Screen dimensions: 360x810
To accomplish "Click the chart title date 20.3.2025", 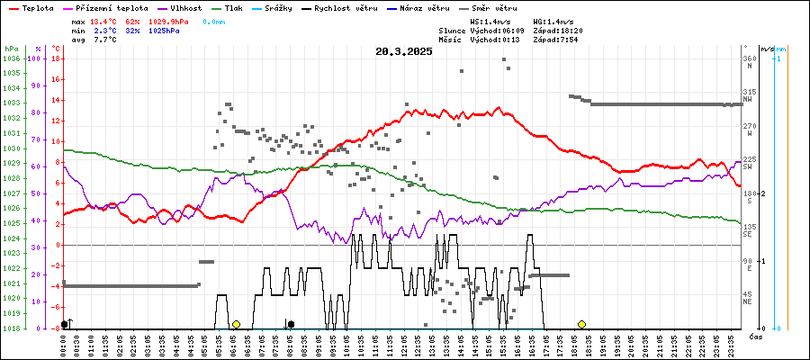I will coord(404,51).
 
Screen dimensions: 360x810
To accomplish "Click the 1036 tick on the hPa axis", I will coord(12,58).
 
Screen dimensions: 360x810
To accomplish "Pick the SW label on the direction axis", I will coord(748,167).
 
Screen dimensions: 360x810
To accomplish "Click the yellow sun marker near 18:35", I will coord(581,324).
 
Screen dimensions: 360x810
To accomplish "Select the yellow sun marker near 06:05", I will coord(236,324).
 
